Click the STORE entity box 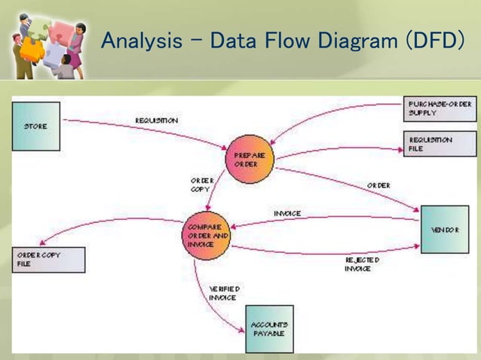pyautogui.click(x=35, y=127)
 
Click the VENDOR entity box pyautogui.click(x=444, y=229)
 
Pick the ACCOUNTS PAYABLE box pyautogui.click(x=269, y=329)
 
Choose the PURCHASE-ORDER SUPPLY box pyautogui.click(x=440, y=108)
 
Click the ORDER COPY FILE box pyautogui.click(x=49, y=260)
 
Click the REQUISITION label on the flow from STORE pyautogui.click(x=157, y=121)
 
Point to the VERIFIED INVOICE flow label pyautogui.click(x=224, y=293)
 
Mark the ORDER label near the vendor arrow pyautogui.click(x=378, y=185)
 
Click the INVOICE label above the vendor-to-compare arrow pyautogui.click(x=286, y=214)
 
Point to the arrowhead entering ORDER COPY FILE pyautogui.click(x=41, y=243)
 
